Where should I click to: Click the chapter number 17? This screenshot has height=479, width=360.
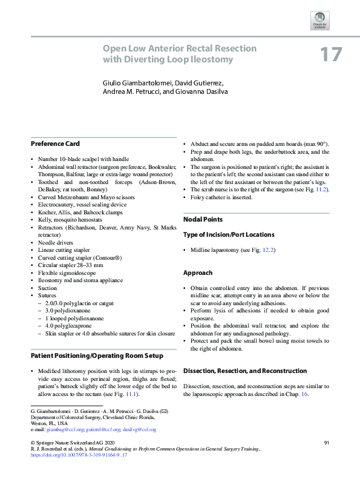point(330,55)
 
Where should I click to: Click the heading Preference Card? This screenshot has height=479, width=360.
point(55,144)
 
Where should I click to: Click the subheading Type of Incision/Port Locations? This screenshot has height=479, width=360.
point(229,234)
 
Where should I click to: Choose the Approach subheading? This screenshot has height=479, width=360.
point(198,273)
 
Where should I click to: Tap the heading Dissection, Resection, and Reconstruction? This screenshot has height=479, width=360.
point(245,371)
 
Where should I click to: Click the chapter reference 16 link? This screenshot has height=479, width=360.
point(305,394)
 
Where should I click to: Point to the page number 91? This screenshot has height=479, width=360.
point(326,443)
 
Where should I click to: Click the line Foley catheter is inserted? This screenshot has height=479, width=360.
point(221,197)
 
